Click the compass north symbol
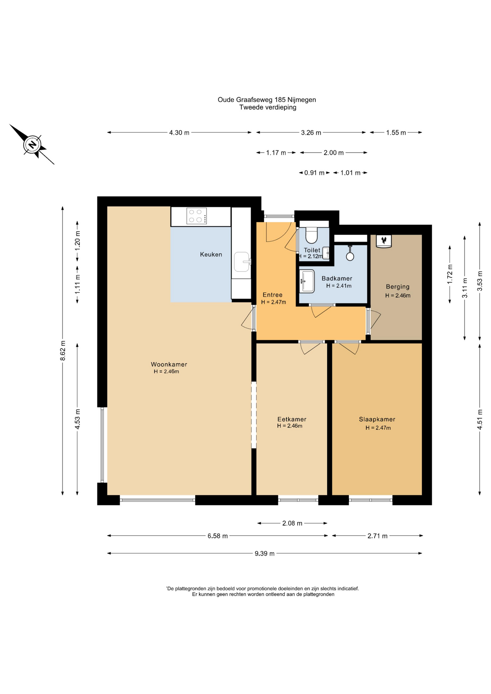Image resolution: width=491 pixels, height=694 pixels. coord(33,145)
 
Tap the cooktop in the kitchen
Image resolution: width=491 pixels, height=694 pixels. coord(197,216)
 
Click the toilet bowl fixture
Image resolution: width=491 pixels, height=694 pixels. coord(311,235)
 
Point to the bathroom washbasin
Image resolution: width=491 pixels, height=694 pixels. coord(307,281)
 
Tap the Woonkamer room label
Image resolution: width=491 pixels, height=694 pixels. coord(169,364)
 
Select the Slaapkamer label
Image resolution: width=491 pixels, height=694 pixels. coord(377,419)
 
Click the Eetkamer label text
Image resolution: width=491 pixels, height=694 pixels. coord(292,419)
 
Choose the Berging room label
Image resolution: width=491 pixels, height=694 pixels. coord(398,287)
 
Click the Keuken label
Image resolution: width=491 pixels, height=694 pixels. coord(211,254)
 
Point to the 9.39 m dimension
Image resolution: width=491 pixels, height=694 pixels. coord(265,553)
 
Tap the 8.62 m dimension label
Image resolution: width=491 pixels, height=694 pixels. coord(63,351)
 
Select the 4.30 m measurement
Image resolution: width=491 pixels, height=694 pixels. coord(179,133)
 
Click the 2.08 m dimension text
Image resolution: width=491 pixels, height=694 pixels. coord(292,523)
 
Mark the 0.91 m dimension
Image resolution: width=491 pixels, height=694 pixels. coord(314,173)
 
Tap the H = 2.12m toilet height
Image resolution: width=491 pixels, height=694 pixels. coord(310,256)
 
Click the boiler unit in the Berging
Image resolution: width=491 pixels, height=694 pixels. coord(384,241)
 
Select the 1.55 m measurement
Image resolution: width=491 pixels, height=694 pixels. coord(396,133)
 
